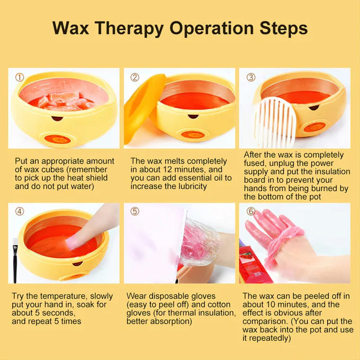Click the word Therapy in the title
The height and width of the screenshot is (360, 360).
(x=129, y=29)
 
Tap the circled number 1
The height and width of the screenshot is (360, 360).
(x=20, y=77)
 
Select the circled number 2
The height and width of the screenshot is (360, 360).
(x=135, y=77)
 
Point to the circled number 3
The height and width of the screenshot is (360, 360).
(x=251, y=77)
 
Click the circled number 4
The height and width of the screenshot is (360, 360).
(x=20, y=211)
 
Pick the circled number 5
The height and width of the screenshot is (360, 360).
(x=135, y=211)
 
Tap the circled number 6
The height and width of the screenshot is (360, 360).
(x=251, y=211)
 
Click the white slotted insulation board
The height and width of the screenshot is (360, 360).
(x=275, y=123)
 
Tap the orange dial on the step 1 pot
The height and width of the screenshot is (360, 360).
(x=57, y=139)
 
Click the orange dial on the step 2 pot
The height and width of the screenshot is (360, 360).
(x=193, y=135)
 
